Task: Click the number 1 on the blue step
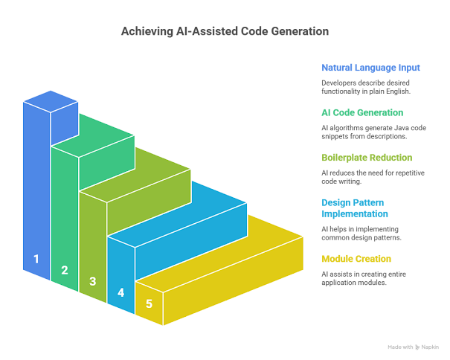[x=36, y=260]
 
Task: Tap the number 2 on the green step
[x=65, y=270]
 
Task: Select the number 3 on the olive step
[x=93, y=281]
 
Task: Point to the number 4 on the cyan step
[x=121, y=292]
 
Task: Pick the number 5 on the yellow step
[x=150, y=303]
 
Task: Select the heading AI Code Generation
[x=362, y=112]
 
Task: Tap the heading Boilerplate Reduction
[x=366, y=158]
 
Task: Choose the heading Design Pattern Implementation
[x=356, y=208]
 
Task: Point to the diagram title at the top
[x=225, y=32]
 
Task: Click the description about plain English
[x=365, y=86]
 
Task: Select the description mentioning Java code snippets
[x=374, y=132]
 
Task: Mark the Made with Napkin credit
[x=414, y=347]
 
